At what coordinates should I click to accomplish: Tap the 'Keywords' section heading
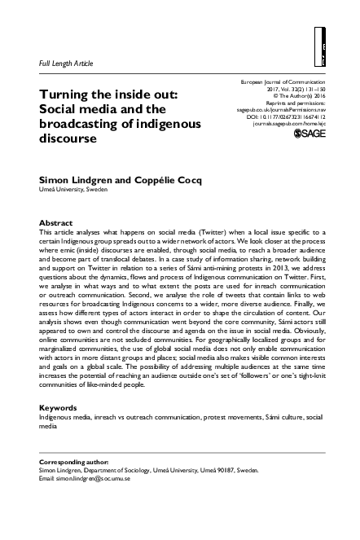click(x=59, y=407)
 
